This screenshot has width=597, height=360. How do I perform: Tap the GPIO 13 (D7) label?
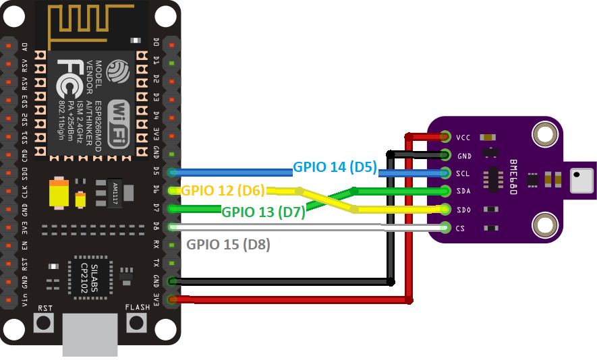tap(264, 212)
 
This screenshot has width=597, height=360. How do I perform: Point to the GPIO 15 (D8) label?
tap(228, 245)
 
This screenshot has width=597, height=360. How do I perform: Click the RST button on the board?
tap(45, 322)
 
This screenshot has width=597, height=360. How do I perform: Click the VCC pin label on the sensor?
tap(463, 138)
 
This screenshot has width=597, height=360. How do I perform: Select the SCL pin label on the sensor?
tap(463, 173)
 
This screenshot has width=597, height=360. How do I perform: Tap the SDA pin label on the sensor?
tap(463, 191)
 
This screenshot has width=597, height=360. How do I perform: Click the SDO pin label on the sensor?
tap(463, 209)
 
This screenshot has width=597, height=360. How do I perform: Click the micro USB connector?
tap(90, 334)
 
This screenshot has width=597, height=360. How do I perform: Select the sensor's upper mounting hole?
tap(544, 134)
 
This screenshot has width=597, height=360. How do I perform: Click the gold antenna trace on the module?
tap(94, 23)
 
